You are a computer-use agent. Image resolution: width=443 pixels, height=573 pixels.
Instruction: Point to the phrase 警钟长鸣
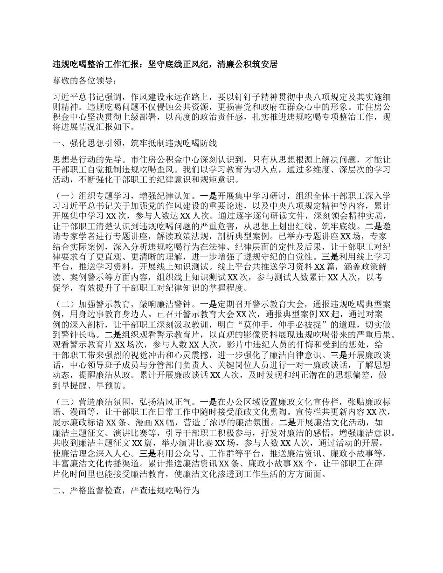coord(78,334)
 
